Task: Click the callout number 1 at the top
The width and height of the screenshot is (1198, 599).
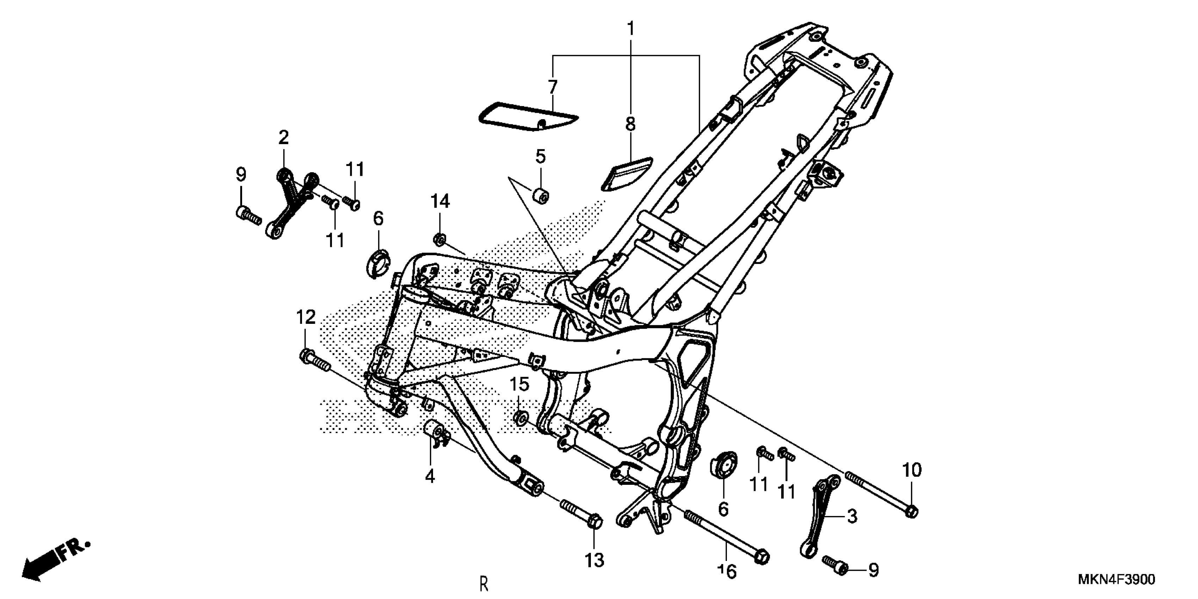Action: (631, 29)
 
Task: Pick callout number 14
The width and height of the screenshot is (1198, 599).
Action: (440, 202)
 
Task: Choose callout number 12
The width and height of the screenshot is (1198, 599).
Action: (305, 317)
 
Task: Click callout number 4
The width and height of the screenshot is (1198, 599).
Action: (430, 476)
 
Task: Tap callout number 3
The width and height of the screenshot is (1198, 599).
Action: (852, 516)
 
